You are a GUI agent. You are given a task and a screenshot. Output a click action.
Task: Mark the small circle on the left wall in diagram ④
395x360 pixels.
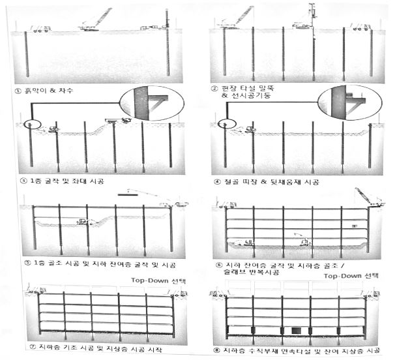[224, 123]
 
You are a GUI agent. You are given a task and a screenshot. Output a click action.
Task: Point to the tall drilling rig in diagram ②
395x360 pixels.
[311, 16]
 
